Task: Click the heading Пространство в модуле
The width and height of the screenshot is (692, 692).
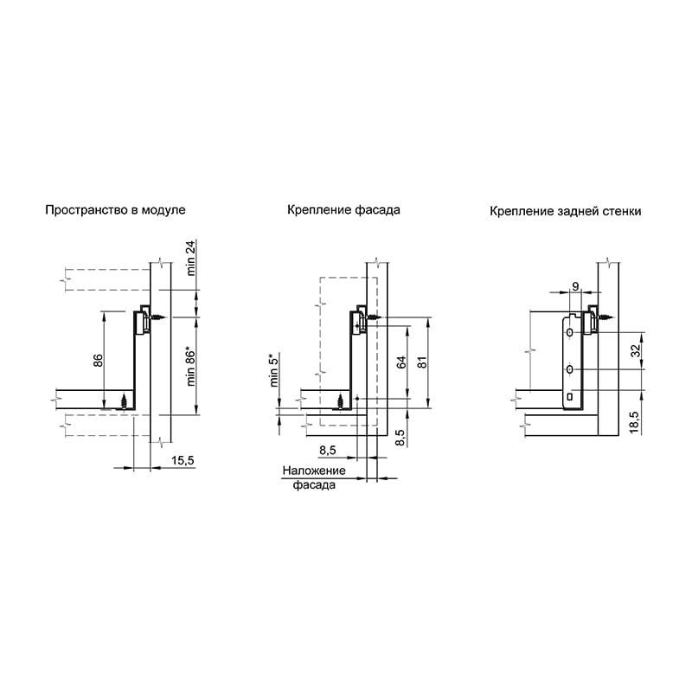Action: click(x=115, y=210)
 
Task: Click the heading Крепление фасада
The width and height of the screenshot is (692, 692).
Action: click(x=343, y=209)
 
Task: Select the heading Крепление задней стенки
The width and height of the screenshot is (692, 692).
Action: click(x=566, y=211)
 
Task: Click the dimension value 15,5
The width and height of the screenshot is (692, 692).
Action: click(x=183, y=460)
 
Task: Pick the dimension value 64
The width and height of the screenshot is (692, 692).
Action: click(x=401, y=362)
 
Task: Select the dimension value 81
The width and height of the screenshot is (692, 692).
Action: click(x=422, y=362)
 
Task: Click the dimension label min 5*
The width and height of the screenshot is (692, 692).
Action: click(x=274, y=370)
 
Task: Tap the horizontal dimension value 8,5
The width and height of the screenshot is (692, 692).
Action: click(x=328, y=450)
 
